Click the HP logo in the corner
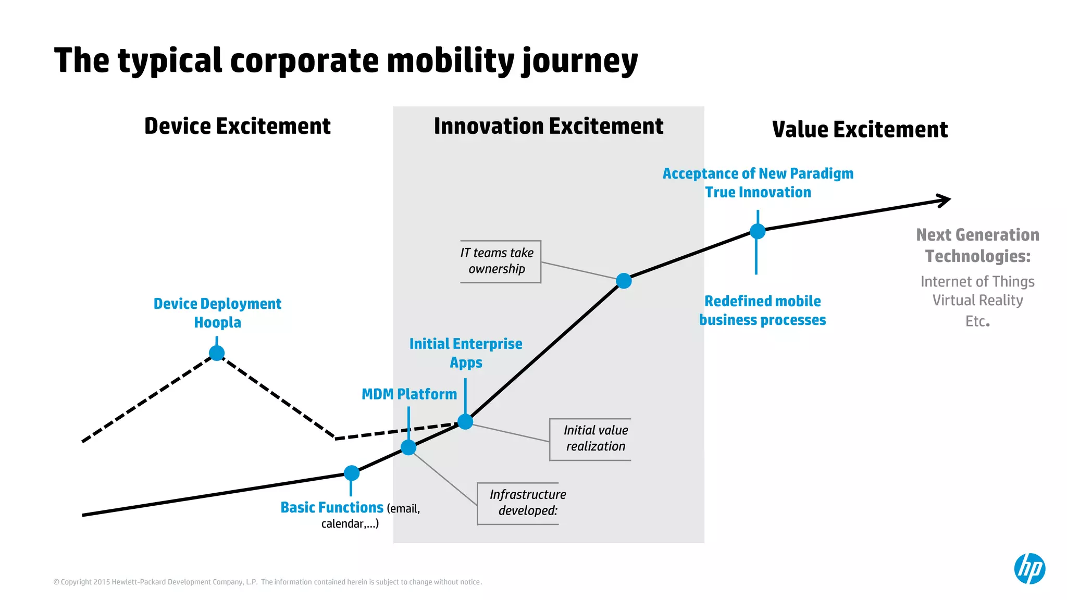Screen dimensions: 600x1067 [x=1029, y=568]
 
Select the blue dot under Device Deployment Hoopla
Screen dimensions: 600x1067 [x=217, y=353]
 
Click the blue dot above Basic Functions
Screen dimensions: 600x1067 [x=352, y=473]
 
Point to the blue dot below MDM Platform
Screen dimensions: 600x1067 [x=408, y=447]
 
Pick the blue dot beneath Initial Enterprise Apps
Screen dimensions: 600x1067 [x=465, y=421]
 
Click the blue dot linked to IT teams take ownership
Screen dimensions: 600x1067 [x=624, y=281]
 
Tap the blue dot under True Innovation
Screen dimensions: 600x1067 [x=758, y=231]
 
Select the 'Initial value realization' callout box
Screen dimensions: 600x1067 [x=594, y=439]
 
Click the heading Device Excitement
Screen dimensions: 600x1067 [x=238, y=126]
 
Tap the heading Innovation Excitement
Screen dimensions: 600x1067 [x=548, y=126]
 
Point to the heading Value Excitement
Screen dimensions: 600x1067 [x=860, y=129]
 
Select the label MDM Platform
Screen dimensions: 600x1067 [x=409, y=394]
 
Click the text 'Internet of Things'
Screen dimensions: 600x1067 [x=977, y=282]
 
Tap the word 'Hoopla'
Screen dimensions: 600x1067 [x=217, y=322]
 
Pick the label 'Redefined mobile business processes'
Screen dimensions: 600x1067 [x=762, y=310]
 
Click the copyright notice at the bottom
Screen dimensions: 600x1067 [x=267, y=582]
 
